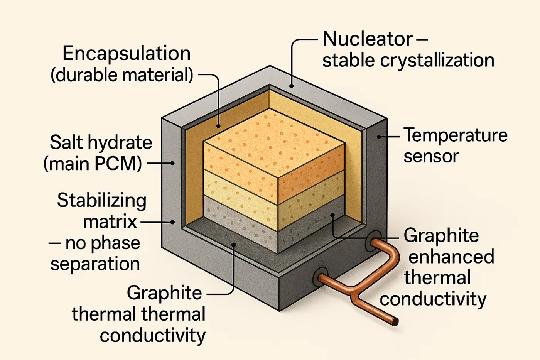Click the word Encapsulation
pyautogui.click(x=127, y=54)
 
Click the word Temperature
pyautogui.click(x=456, y=135)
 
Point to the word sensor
pyautogui.click(x=431, y=156)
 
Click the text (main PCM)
pyautogui.click(x=93, y=164)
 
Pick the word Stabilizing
pyautogui.click(x=102, y=201)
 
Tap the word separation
pyautogui.click(x=95, y=264)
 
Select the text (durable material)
pyautogui.click(x=122, y=75)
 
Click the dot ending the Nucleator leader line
pyautogui.click(x=292, y=86)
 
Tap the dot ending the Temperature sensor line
pyautogui.click(x=379, y=137)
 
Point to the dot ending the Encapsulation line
pyautogui.click(x=218, y=126)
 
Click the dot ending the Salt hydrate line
pyautogui.click(x=172, y=163)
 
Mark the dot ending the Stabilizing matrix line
pyautogui.click(x=172, y=222)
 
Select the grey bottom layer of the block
pyautogui.click(x=239, y=224)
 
